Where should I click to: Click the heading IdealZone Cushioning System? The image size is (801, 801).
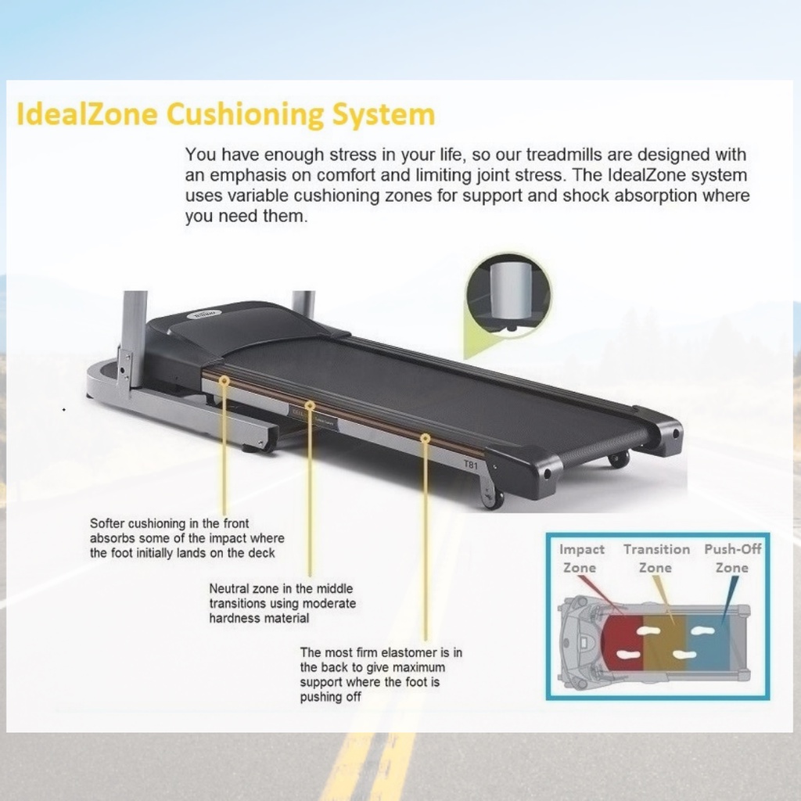pos(225,115)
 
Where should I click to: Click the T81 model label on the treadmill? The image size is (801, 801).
pos(471,465)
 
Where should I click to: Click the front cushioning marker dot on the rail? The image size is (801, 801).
pos(224,380)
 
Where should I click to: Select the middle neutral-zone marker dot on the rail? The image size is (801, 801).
pos(310,406)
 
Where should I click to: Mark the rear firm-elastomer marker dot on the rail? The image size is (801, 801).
pos(426,439)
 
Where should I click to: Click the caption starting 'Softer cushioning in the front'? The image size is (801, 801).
pos(187,538)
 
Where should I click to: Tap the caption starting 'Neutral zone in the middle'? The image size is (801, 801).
pos(282,603)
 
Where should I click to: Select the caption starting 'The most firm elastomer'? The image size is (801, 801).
pos(381,674)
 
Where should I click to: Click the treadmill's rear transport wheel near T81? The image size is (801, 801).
pos(492,498)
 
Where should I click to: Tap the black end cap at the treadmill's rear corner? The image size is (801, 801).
pos(523,471)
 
